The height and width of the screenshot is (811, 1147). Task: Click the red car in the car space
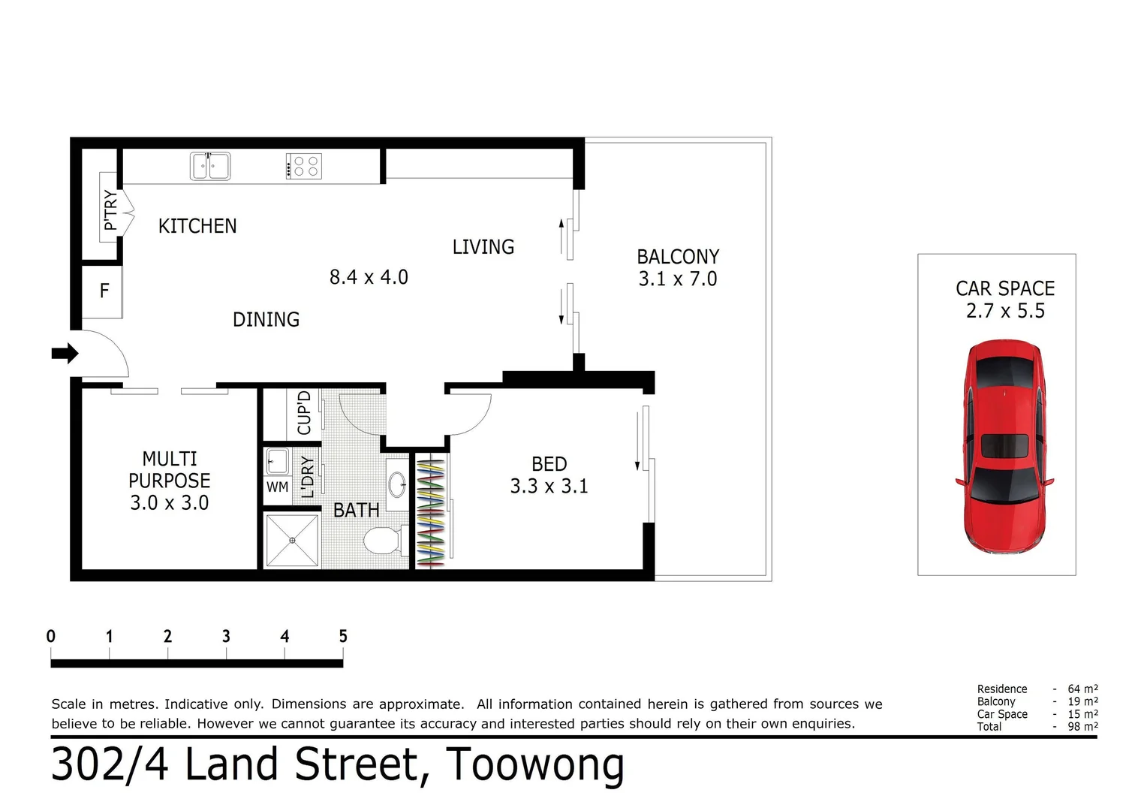tap(1004, 447)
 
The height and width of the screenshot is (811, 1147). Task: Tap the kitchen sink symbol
tap(209, 166)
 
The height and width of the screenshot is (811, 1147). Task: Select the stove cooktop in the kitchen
tap(304, 166)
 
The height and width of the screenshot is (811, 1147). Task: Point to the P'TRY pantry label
tap(110, 210)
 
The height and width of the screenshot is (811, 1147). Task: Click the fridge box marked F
tap(104, 291)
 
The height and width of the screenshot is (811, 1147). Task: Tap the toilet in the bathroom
tap(384, 540)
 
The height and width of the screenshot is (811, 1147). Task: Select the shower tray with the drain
tap(292, 541)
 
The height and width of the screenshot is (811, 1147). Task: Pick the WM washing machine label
tap(277, 487)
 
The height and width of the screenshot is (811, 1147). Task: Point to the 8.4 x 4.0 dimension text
tap(369, 277)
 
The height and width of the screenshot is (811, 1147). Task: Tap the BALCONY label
tap(678, 257)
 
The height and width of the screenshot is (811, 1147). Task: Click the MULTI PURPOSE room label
tap(170, 469)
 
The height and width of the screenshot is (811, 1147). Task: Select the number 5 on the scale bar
tap(342, 637)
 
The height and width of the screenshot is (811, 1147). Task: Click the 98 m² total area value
tap(1082, 727)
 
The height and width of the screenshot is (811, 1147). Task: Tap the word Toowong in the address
tap(534, 765)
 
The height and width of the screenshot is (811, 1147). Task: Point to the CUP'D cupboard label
tap(304, 412)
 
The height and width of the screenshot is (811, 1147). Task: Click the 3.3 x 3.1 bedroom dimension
tap(549, 487)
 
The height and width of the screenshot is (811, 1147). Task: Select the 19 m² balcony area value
tap(1082, 701)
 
